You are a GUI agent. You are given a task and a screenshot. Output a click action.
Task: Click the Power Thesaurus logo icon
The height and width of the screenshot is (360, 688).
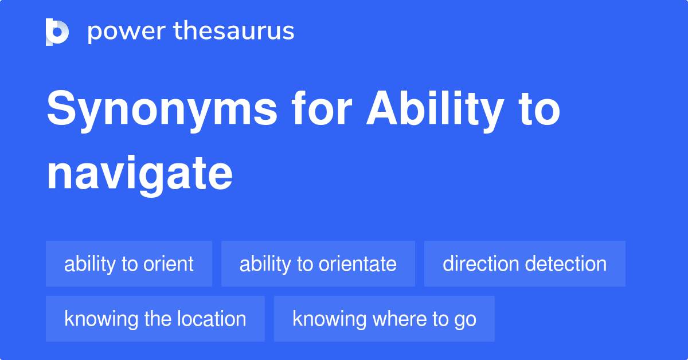tap(57, 32)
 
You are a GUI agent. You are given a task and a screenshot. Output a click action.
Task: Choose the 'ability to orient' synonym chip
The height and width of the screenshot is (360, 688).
tap(129, 264)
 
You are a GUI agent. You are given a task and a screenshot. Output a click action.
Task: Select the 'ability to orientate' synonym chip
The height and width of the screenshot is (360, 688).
tap(318, 264)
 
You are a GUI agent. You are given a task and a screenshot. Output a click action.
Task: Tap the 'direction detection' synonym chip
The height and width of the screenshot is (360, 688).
tap(525, 264)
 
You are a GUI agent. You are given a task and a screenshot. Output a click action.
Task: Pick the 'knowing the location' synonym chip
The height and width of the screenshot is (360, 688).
tap(155, 319)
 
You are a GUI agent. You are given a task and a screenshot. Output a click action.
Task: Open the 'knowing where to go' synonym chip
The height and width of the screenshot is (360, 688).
tap(384, 319)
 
